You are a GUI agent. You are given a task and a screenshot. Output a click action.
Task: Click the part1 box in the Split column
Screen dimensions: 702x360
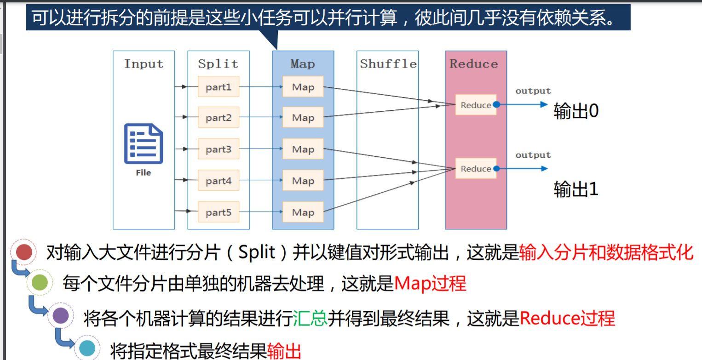(219, 86)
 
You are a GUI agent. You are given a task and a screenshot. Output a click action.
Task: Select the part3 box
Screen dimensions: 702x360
(219, 149)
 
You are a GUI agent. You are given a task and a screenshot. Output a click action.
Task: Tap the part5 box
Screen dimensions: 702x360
(219, 212)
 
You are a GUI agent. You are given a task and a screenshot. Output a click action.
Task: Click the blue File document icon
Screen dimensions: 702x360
(144, 143)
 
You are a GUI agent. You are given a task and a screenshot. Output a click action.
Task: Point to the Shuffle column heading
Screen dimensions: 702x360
(388, 64)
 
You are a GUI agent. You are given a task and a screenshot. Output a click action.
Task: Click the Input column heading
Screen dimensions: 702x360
(144, 64)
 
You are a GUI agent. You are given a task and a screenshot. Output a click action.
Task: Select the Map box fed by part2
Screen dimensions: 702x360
(303, 118)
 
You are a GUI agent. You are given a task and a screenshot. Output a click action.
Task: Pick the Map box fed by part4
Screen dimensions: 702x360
(303, 181)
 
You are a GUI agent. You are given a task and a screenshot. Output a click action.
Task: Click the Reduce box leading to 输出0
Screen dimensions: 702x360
(476, 105)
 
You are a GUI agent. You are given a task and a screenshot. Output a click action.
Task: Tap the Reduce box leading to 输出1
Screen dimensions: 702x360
(476, 169)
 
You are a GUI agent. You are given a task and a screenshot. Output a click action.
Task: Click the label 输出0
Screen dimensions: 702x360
(576, 112)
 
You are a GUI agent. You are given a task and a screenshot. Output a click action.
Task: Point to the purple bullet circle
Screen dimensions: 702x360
(61, 316)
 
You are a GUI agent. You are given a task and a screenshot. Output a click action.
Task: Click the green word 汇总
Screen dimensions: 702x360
(310, 318)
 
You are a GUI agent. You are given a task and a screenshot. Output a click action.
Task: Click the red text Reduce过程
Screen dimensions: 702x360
(567, 318)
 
